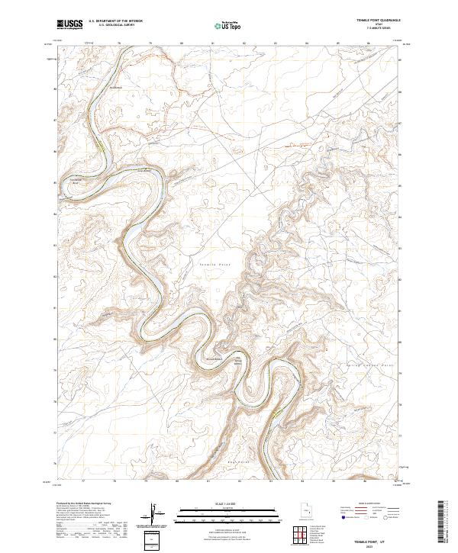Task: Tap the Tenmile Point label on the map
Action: point(214,264)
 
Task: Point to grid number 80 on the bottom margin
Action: point(177,482)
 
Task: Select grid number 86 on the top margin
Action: point(368,43)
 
